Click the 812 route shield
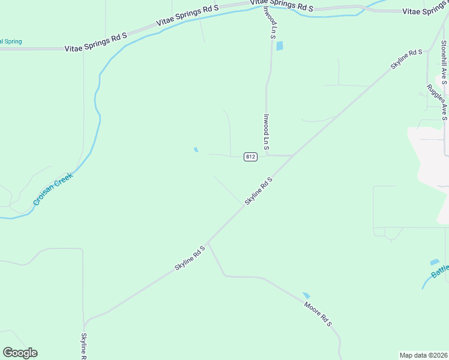pyautogui.click(x=251, y=157)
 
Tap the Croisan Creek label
pyautogui.click(x=53, y=189)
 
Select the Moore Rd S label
pyautogui.click(x=318, y=314)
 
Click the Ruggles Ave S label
pyautogui.click(x=437, y=101)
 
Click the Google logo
pyautogui.click(x=20, y=353)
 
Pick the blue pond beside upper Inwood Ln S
pyautogui.click(x=279, y=46)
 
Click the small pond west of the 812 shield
pyautogui.click(x=196, y=149)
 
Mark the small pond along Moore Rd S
pyautogui.click(x=306, y=295)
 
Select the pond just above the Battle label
pyautogui.click(x=435, y=262)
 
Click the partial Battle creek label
pyautogui.click(x=440, y=273)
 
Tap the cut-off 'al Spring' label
pyautogui.click(x=11, y=41)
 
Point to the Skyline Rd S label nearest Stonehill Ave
pyautogui.click(x=406, y=60)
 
